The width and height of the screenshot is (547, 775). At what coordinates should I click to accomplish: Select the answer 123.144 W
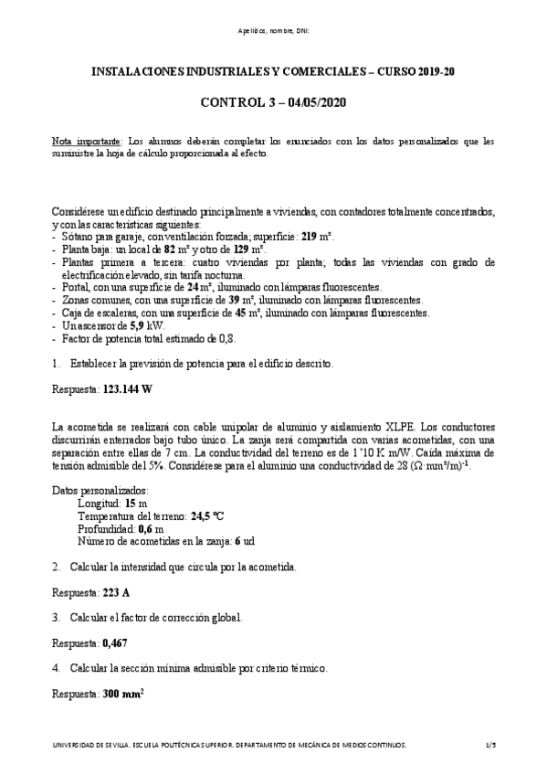click(127, 388)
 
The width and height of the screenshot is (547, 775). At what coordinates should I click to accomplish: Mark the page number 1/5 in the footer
click(490, 746)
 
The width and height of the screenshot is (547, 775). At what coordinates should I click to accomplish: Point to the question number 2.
click(56, 567)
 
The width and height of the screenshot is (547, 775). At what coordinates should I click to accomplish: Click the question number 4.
click(56, 668)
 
